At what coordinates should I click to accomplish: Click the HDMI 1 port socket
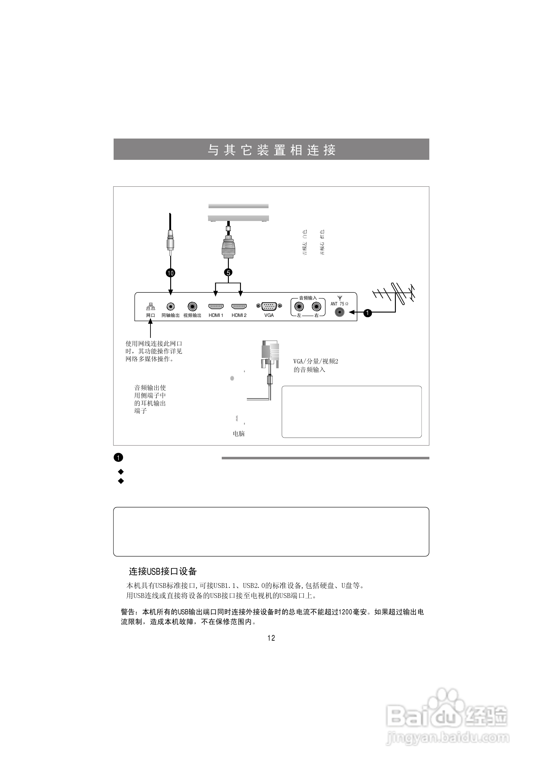coord(216,306)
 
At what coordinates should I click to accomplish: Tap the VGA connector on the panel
coord(269,306)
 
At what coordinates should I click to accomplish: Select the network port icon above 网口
coord(150,306)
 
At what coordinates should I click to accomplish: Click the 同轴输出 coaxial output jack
coord(170,306)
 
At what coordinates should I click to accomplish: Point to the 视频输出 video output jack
coord(192,306)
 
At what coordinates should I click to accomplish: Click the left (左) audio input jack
coord(299,306)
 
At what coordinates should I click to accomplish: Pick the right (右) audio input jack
coord(316,306)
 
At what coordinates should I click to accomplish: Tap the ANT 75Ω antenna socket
coord(340,312)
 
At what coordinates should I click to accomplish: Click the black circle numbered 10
coord(170,273)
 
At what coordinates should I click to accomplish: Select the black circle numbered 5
coord(228,273)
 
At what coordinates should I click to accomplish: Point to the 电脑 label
coord(239,434)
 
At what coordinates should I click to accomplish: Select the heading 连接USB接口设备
coord(163,571)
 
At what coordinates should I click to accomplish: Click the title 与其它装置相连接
coord(271,150)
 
